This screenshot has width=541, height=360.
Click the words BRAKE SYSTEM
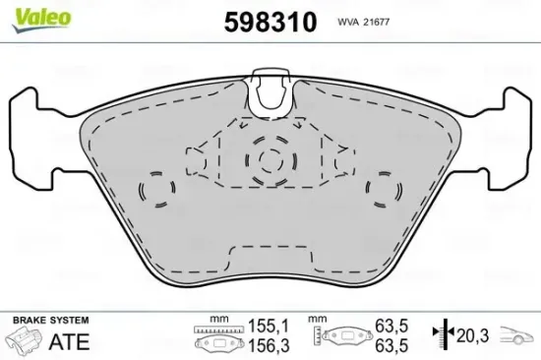click(x=49, y=321)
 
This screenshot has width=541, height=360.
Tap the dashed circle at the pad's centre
click(x=270, y=161)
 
